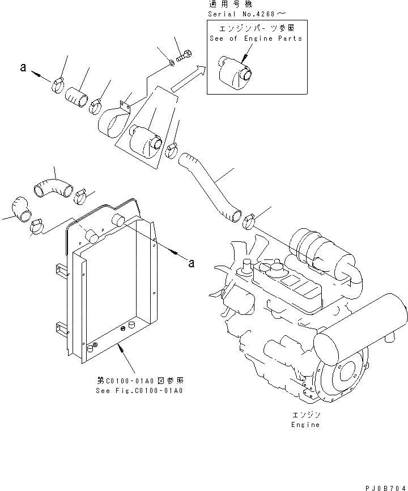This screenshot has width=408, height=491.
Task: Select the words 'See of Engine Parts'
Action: tap(256, 39)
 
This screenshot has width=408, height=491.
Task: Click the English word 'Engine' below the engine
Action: tap(306, 424)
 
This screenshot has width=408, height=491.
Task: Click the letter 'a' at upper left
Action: tap(23, 68)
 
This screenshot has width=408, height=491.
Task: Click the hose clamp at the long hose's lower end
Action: tap(249, 221)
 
